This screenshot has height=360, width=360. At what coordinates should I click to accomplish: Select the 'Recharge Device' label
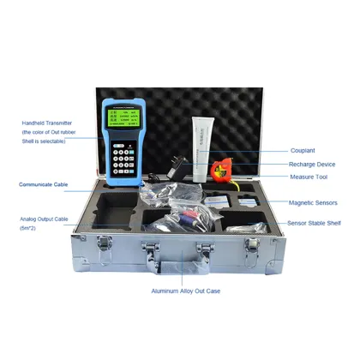(311, 163)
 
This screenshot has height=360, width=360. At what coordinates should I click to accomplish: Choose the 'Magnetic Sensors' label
(313, 203)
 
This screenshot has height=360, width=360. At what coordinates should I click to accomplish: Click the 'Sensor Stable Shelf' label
(313, 223)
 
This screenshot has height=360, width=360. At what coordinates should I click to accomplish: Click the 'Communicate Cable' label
(43, 184)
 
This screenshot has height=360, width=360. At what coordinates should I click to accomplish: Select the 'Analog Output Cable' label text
(43, 219)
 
